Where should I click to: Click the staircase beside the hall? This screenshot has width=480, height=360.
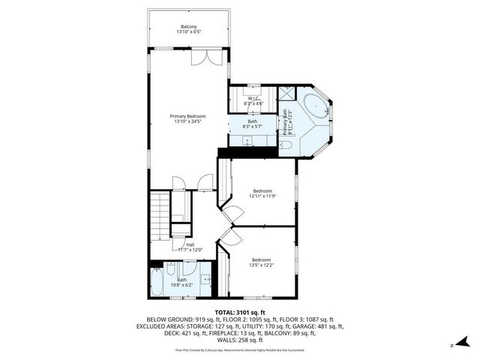coord(160,215)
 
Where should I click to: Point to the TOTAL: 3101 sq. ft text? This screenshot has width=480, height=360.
coord(240,312)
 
